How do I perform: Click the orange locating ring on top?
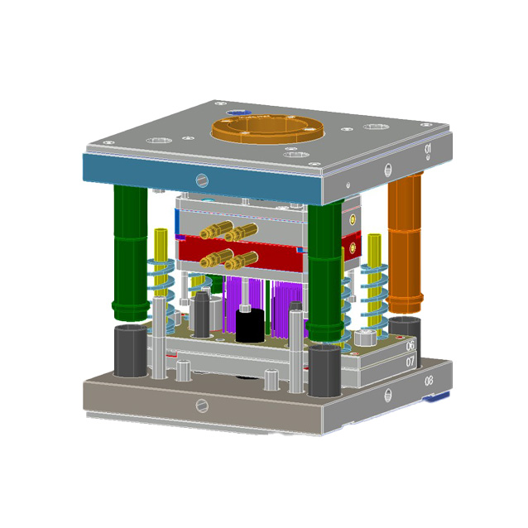[x=263, y=132]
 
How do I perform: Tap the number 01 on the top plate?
[x=428, y=148]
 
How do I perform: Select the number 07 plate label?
[x=410, y=362]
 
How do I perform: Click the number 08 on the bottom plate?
[x=428, y=382]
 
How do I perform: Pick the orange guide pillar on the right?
[x=405, y=240]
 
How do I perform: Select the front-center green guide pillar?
[x=324, y=273]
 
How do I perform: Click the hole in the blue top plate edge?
[x=202, y=179]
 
